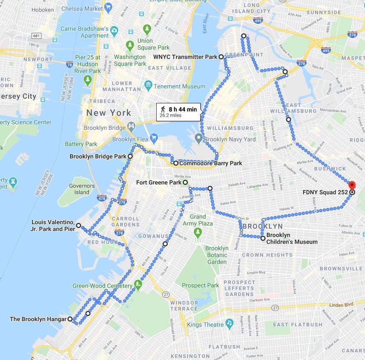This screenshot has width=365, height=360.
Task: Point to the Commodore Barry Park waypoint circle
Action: point(175,163)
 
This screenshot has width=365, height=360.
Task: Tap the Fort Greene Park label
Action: point(159,183)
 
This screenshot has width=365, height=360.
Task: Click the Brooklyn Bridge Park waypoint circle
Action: point(130,157)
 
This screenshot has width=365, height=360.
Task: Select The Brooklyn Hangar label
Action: point(38,319)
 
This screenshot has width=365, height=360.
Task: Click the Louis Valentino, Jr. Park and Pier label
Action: point(53,225)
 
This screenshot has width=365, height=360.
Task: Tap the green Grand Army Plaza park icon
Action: point(197,232)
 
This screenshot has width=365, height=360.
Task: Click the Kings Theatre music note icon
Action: point(229,323)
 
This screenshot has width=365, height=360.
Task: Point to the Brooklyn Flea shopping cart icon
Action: point(154,138)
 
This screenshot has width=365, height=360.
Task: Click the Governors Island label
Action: point(82,189)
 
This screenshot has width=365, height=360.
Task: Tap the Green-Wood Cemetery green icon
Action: point(138,284)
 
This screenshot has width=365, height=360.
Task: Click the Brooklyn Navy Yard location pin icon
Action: point(198,138)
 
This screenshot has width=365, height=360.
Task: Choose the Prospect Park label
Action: point(200,285)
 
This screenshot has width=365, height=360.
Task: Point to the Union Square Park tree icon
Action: point(130,45)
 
